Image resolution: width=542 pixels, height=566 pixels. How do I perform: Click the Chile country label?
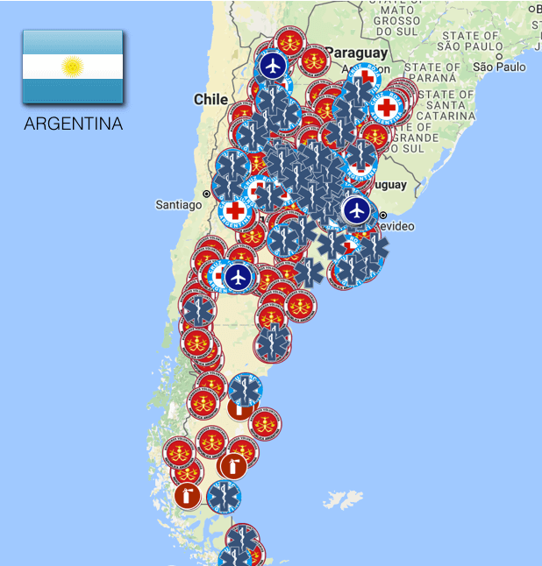click(x=210, y=100)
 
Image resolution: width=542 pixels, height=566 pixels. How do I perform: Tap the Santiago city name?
click(x=179, y=205)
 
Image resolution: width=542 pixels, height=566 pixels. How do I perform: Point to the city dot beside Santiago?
click(x=207, y=194)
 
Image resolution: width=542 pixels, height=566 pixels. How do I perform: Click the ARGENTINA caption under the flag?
click(x=73, y=124)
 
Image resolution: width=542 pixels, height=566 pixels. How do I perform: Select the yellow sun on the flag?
click(x=72, y=67)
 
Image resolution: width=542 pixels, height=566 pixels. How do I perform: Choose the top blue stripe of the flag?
click(x=72, y=42)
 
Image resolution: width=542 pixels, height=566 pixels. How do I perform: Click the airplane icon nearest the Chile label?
click(x=273, y=66)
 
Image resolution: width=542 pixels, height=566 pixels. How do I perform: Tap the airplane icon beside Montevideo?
click(x=356, y=209)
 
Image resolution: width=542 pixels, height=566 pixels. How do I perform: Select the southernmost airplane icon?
click(x=238, y=277)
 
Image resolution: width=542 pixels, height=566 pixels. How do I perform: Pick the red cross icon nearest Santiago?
click(x=235, y=211)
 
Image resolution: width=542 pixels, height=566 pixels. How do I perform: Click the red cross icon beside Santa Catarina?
click(x=386, y=108)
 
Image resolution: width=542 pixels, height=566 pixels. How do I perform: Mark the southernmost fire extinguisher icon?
click(x=187, y=496)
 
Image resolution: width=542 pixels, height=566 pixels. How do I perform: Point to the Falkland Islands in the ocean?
click(x=343, y=500)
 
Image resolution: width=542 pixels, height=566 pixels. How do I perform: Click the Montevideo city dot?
click(x=383, y=215)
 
